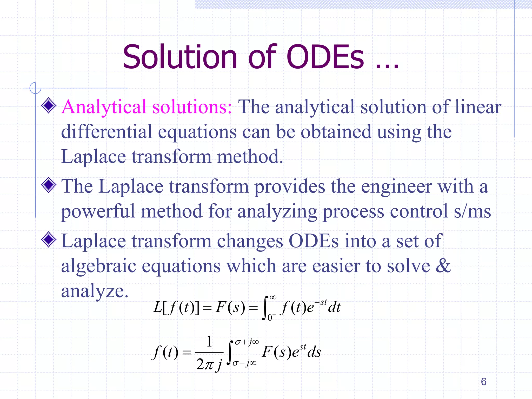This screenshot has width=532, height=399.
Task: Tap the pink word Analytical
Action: (104, 107)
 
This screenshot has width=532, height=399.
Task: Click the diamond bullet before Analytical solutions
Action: (49, 105)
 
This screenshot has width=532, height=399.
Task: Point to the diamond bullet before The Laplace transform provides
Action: (49, 185)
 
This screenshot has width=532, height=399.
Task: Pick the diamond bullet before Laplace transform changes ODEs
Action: (49, 240)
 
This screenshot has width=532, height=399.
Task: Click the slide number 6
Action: (483, 382)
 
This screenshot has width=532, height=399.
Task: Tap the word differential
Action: (107, 132)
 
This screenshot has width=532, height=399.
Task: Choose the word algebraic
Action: (98, 266)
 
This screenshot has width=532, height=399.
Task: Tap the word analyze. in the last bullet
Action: (95, 291)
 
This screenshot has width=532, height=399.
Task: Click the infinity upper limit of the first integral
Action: (273, 297)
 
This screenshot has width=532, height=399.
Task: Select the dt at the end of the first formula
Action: (334, 308)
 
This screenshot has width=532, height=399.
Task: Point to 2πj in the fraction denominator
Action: (209, 364)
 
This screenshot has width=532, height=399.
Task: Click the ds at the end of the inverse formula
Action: (314, 352)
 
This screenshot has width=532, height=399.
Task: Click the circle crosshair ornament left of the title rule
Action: (35, 88)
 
